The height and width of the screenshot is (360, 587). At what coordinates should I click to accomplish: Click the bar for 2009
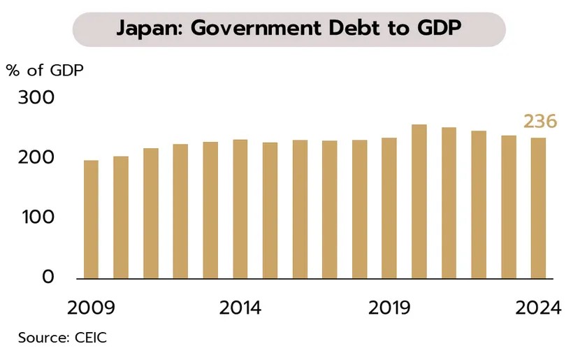(91, 219)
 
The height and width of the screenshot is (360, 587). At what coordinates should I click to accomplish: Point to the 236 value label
(540, 122)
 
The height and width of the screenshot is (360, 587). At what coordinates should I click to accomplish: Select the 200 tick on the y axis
(36, 157)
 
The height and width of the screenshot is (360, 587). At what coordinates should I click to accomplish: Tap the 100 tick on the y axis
(36, 217)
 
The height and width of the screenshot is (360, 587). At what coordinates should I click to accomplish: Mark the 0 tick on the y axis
(47, 277)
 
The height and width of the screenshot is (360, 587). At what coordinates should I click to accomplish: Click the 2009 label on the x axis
(91, 308)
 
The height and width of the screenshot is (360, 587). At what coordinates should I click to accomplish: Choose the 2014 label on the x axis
(240, 308)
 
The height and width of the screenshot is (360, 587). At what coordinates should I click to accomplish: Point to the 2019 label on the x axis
(389, 308)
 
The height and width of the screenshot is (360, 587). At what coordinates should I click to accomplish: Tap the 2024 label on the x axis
(537, 308)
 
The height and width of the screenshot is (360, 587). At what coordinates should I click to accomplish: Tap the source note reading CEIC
(89, 338)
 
